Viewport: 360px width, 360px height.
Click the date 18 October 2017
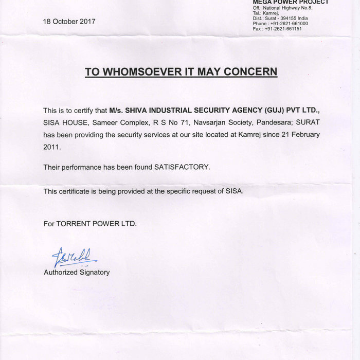69,22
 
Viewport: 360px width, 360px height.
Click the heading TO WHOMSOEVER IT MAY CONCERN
181,71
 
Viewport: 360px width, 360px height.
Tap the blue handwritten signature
73,257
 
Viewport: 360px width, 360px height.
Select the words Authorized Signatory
77,272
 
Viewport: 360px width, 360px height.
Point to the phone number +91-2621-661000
289,24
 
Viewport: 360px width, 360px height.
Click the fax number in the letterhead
286,29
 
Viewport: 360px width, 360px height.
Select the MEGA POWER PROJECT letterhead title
291,3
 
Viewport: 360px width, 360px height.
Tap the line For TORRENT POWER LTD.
90,224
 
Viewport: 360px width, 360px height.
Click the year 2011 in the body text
51,147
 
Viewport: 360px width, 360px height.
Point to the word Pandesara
273,123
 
